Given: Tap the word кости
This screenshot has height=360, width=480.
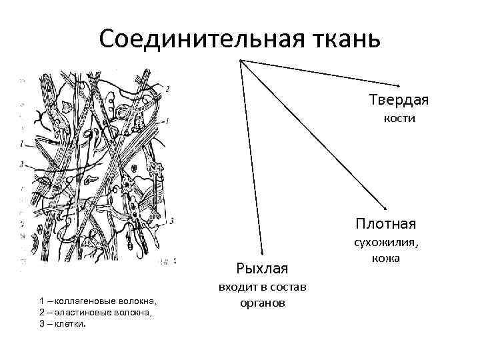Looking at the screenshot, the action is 399,119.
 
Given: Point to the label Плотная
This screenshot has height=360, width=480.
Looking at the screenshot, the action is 386,223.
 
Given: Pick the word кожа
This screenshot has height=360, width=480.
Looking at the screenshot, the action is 386,258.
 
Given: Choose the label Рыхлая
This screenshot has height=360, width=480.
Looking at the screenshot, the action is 262,268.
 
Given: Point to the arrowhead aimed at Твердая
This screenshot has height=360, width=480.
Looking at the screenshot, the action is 397,85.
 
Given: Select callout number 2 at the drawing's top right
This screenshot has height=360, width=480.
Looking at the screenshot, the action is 167,88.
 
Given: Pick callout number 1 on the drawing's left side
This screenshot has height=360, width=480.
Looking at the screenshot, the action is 22,143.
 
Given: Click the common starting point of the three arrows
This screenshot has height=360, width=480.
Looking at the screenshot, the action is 239,60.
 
